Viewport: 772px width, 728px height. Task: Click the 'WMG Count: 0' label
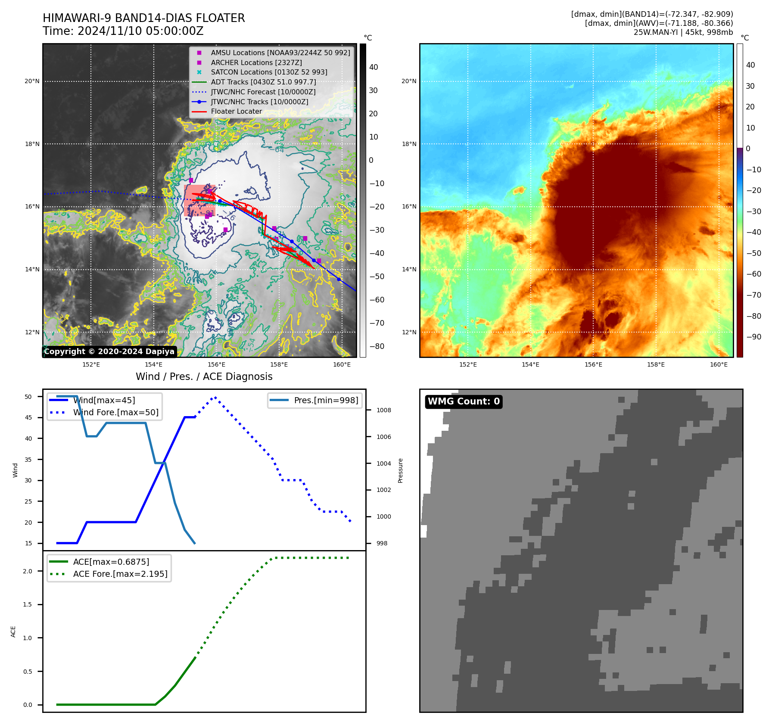click(464, 401)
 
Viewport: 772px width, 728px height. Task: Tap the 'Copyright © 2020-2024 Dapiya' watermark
click(109, 352)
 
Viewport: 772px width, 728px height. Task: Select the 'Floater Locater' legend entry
click(236, 112)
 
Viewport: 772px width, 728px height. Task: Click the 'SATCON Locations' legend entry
click(269, 72)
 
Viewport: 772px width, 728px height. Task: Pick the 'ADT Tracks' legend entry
click(263, 82)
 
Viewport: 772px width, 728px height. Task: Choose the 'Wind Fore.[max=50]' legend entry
click(115, 413)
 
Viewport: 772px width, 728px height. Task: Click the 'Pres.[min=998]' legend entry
click(326, 401)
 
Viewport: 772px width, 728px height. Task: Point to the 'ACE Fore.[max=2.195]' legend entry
click(120, 574)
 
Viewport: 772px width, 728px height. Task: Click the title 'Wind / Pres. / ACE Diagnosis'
click(204, 377)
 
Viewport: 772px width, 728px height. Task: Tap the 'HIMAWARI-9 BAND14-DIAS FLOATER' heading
click(143, 18)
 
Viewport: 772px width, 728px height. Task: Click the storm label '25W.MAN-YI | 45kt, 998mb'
click(683, 32)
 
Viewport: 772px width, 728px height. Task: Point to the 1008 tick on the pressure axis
click(383, 411)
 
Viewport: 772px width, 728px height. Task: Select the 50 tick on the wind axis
click(28, 397)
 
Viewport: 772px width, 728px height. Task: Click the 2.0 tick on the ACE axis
click(28, 571)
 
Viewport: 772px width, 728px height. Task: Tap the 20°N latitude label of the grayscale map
click(32, 81)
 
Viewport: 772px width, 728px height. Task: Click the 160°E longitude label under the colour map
click(719, 365)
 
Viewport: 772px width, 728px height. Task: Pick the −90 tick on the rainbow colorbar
click(753, 337)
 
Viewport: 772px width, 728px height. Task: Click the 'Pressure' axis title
click(401, 470)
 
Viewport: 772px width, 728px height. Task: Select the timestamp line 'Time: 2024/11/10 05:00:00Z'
click(123, 31)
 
